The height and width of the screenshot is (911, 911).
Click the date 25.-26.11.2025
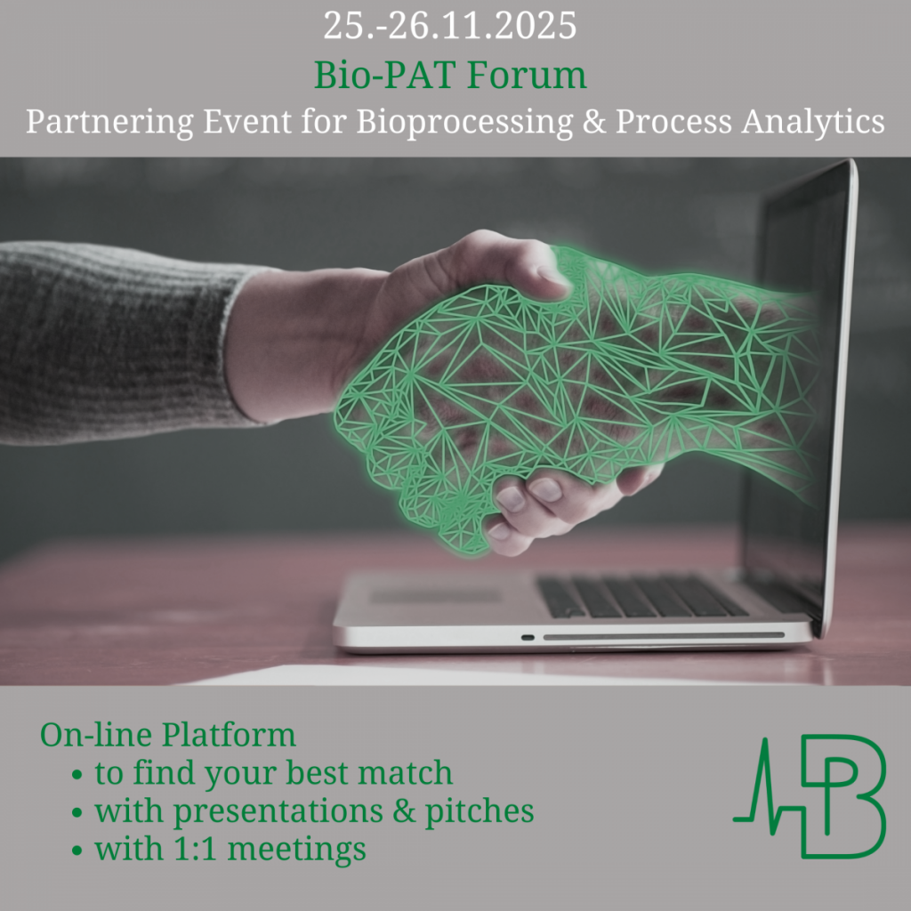click(x=449, y=26)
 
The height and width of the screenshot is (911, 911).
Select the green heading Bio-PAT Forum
click(x=450, y=75)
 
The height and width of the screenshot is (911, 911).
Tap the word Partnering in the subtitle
click(x=109, y=122)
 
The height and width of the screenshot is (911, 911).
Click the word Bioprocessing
click(x=464, y=122)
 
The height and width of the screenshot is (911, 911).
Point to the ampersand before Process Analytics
click(x=593, y=122)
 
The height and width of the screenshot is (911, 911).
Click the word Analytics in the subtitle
click(x=813, y=122)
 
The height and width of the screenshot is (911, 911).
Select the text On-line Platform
click(x=168, y=734)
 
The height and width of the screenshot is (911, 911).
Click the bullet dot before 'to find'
click(x=77, y=775)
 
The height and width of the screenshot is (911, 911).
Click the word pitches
click(x=480, y=810)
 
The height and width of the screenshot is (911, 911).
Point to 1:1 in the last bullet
click(x=195, y=848)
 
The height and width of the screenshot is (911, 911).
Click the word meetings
click(x=297, y=850)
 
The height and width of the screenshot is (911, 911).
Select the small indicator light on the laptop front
click(x=528, y=637)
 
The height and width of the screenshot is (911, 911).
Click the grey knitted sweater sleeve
click(x=117, y=343)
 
